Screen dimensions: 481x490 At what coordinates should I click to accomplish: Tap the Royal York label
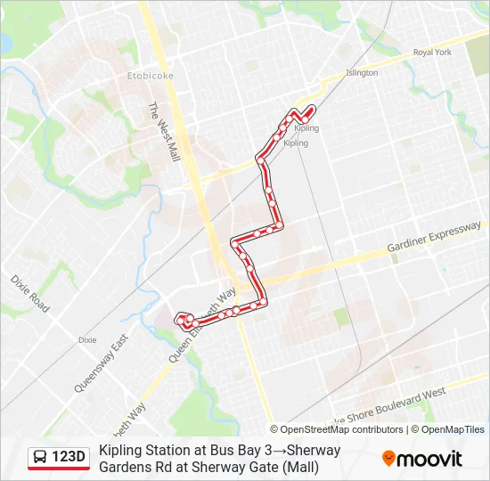[433, 53]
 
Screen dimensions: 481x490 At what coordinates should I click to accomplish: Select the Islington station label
[362, 73]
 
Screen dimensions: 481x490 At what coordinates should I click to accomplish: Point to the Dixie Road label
[30, 292]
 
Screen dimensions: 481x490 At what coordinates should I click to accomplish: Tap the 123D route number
[69, 458]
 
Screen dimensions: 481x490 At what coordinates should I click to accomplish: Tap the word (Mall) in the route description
[299, 467]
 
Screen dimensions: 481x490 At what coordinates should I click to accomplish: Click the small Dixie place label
[87, 340]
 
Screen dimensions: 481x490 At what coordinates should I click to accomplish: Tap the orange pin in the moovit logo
[389, 459]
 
